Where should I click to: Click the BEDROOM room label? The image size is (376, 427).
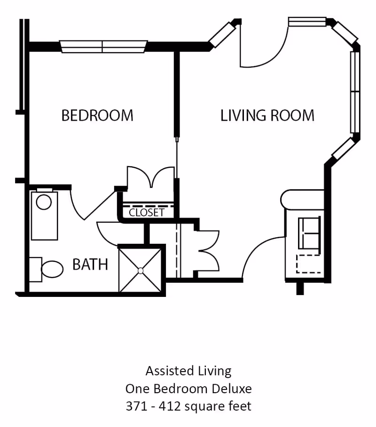[97, 115]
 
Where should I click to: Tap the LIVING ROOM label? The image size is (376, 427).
[267, 115]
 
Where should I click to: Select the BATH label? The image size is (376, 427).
[90, 264]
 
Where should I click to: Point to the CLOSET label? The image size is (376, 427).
[147, 213]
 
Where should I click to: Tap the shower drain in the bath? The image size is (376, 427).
[141, 270]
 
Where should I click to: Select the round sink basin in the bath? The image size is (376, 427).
[44, 202]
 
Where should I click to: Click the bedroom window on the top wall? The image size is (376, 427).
[102, 46]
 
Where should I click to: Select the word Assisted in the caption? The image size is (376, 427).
[165, 371]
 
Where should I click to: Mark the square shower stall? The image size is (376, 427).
[140, 270]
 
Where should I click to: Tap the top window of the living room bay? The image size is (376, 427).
[307, 22]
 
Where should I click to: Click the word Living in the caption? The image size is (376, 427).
[210, 371]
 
